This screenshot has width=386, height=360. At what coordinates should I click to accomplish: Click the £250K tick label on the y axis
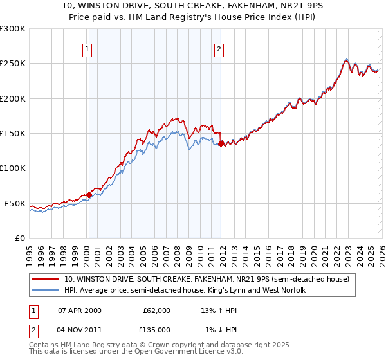13,64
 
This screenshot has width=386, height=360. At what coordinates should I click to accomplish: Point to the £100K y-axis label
13,168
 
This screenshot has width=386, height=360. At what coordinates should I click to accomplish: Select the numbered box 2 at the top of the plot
219,49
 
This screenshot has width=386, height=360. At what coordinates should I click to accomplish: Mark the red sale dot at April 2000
89,195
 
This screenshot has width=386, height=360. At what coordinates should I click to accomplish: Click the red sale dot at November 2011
221,144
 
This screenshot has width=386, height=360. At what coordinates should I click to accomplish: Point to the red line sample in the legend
45,280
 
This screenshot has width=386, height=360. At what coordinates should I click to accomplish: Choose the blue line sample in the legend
45,291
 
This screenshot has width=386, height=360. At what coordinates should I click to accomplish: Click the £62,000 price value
156,310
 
